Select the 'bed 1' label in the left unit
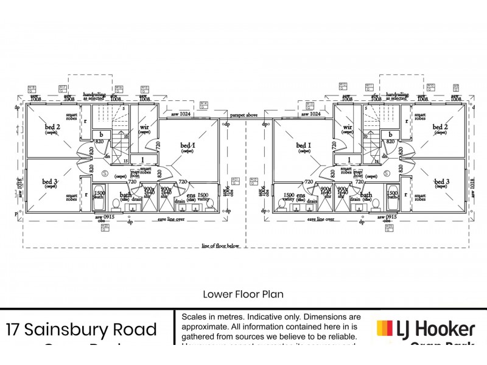click(187, 145)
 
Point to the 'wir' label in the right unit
click(348, 127)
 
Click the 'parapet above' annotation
click(244, 115)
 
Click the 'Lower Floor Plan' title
click(243, 294)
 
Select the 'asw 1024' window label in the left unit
click(181, 114)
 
